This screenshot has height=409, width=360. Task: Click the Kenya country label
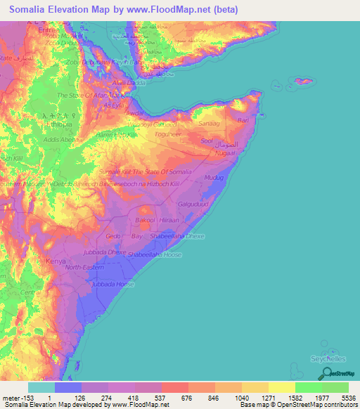pyautogui.click(x=56, y=261)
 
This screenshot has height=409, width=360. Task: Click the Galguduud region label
pyautogui.click(x=195, y=204)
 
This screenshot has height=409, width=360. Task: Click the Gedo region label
pyautogui.click(x=113, y=237)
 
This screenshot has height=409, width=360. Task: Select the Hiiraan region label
pyautogui.click(x=169, y=220)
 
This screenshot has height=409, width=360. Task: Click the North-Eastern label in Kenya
pyautogui.click(x=83, y=268)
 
